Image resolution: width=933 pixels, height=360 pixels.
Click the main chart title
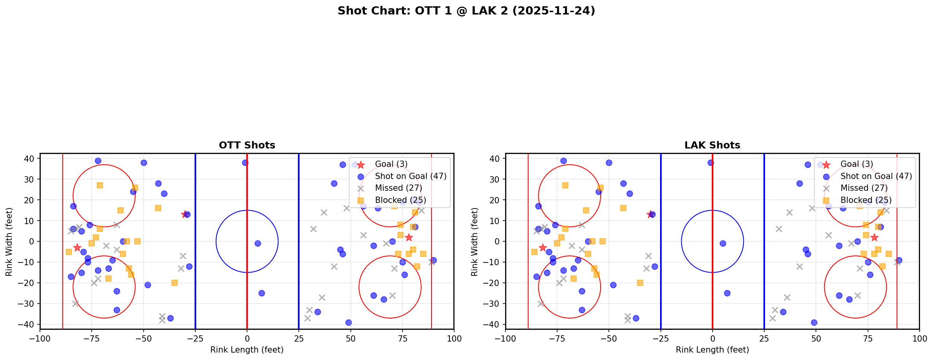466,11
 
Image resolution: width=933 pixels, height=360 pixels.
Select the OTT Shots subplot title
247,145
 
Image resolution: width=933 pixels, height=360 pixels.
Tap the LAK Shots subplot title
712,145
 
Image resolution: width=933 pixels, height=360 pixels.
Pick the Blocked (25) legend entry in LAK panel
866,200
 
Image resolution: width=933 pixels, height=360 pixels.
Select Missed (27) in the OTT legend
398,188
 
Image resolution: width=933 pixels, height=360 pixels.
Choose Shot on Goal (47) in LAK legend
876,176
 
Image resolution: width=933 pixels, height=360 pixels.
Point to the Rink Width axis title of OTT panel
9,241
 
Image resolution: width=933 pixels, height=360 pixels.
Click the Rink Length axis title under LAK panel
712,350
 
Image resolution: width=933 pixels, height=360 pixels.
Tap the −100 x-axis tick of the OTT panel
40,338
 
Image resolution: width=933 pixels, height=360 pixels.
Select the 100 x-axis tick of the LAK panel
919,338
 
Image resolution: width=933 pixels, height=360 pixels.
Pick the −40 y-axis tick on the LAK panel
493,324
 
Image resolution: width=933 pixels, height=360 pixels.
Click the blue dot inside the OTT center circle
258,243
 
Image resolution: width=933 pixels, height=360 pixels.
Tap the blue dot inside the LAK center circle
723,243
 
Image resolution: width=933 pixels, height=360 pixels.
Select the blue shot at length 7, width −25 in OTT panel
262,293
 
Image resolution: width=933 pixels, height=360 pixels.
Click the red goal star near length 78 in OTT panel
408,237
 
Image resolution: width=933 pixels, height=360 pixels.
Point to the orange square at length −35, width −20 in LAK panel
640,283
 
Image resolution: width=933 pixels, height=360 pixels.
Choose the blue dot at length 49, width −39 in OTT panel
348,322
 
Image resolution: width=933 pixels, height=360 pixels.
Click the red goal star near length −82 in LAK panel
543,248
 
